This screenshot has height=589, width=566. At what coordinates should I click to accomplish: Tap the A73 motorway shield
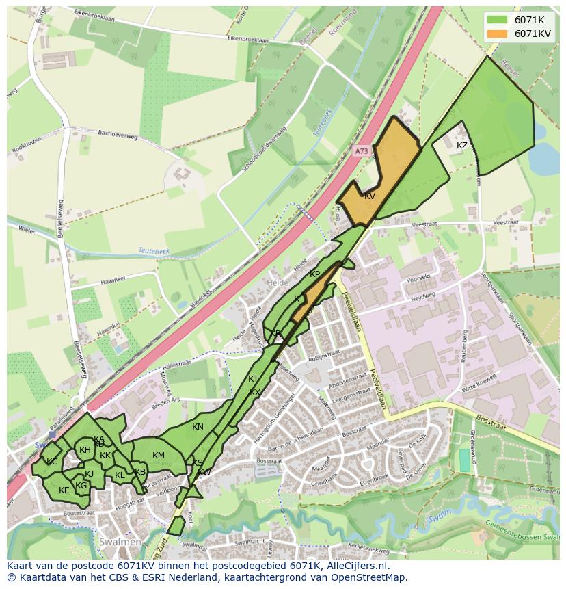(x=362, y=150)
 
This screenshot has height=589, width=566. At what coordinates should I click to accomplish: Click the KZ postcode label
(x=462, y=146)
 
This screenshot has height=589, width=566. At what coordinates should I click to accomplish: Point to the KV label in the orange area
(x=370, y=196)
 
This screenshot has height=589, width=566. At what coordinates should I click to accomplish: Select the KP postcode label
(x=314, y=274)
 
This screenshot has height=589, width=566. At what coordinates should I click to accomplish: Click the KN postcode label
(x=198, y=427)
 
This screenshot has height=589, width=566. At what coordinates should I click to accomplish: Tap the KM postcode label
(x=159, y=456)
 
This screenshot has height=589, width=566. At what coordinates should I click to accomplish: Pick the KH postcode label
(x=85, y=450)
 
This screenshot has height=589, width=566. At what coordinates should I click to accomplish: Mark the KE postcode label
(x=64, y=490)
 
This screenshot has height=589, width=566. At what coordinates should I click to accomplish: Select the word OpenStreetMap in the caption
(x=370, y=577)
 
